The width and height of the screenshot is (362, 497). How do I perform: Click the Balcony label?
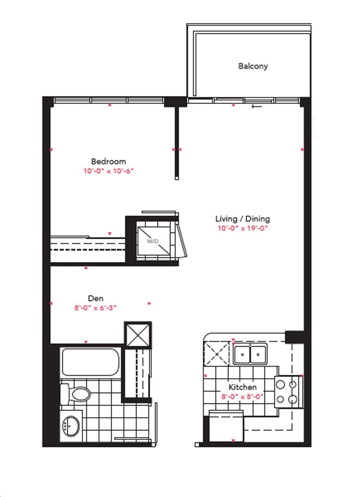click(x=253, y=66)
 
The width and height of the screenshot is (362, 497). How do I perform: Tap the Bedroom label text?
click(x=109, y=161)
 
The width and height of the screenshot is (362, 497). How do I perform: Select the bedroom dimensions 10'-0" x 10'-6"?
click(x=109, y=171)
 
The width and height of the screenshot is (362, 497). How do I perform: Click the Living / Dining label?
click(x=243, y=219)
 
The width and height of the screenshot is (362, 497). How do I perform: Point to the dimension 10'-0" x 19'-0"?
click(x=243, y=228)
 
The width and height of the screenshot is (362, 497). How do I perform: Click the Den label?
click(x=96, y=298)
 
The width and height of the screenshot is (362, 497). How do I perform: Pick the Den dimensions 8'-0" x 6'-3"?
click(x=95, y=308)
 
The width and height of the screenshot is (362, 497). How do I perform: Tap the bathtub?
click(x=90, y=362)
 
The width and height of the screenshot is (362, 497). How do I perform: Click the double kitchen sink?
click(x=250, y=354)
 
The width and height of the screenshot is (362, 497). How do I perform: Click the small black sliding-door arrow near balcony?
click(x=257, y=107)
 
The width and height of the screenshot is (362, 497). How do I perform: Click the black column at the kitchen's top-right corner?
click(x=294, y=337)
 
